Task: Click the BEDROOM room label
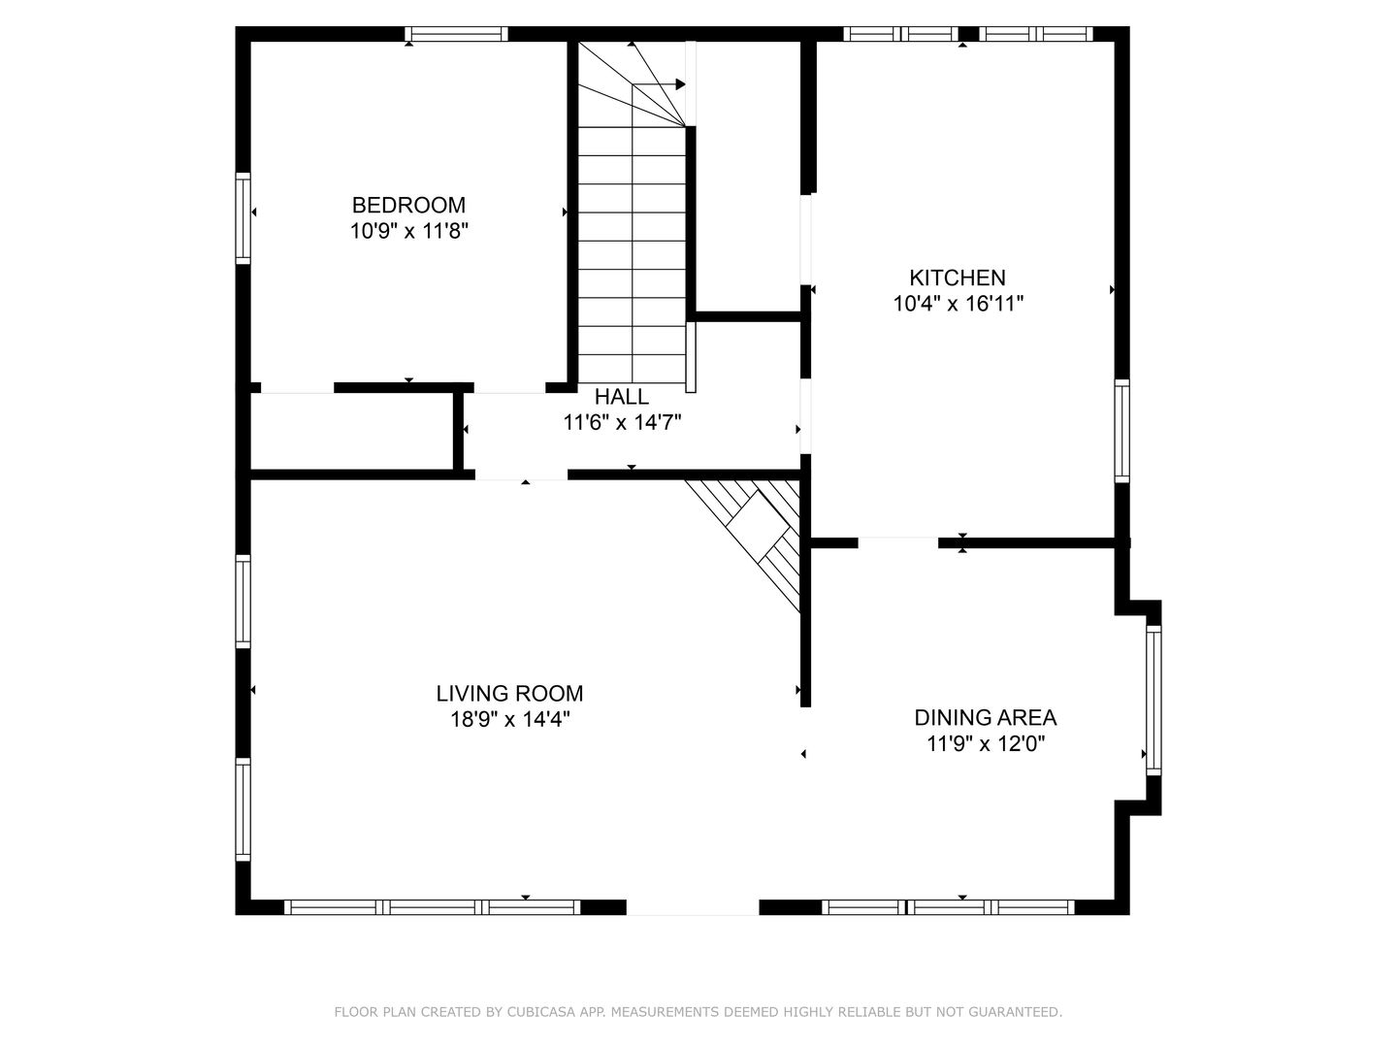point(408,205)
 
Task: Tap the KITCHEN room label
point(958,278)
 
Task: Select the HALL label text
point(622,397)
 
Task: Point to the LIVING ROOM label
point(509,693)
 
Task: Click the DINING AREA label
point(986,717)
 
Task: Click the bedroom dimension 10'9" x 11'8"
point(408,230)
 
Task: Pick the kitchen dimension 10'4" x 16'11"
point(958,304)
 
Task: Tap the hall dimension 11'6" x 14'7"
point(622,422)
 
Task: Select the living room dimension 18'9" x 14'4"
point(509,719)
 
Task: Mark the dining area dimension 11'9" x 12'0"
point(986,743)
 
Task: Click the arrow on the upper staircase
point(659,84)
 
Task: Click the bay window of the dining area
point(1153,700)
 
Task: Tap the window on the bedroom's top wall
point(456,34)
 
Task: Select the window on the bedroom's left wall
point(243,217)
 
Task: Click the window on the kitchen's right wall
point(1121,431)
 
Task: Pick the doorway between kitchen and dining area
point(898,542)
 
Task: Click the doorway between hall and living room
point(521,475)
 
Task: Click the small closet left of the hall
point(352,431)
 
